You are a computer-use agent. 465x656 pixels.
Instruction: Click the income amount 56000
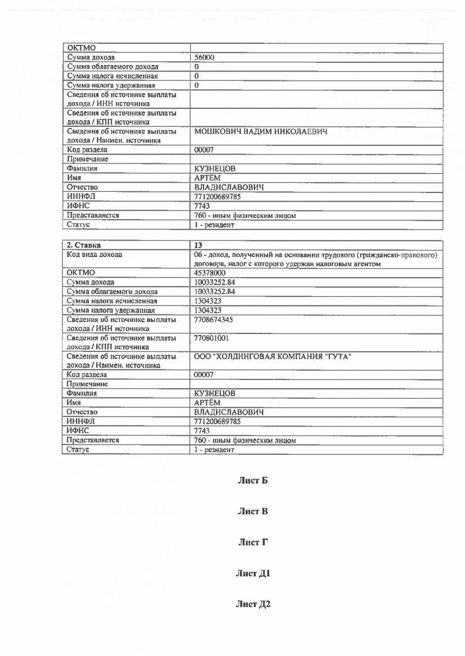click(x=204, y=57)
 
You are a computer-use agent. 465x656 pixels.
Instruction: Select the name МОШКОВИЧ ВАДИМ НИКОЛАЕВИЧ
click(x=261, y=132)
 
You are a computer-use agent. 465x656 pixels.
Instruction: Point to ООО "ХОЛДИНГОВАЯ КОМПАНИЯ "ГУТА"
click(x=273, y=356)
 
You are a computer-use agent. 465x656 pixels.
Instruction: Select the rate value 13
click(x=198, y=244)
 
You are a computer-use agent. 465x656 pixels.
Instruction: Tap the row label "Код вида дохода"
click(x=94, y=254)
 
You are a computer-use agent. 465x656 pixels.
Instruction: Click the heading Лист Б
click(x=252, y=481)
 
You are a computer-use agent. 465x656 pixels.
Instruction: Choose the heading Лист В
click(x=252, y=512)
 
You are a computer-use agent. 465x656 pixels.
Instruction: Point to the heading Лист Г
click(x=252, y=542)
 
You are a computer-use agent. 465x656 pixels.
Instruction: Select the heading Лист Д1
click(x=253, y=573)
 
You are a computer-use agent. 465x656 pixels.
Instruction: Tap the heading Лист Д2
click(x=253, y=604)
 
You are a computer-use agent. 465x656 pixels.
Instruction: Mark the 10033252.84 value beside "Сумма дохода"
click(x=214, y=282)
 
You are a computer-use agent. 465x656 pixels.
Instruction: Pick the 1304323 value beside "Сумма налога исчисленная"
click(x=208, y=301)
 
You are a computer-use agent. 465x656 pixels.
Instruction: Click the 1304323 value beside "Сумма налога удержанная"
click(x=208, y=310)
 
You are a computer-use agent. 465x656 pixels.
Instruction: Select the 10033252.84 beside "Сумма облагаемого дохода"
click(x=214, y=291)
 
